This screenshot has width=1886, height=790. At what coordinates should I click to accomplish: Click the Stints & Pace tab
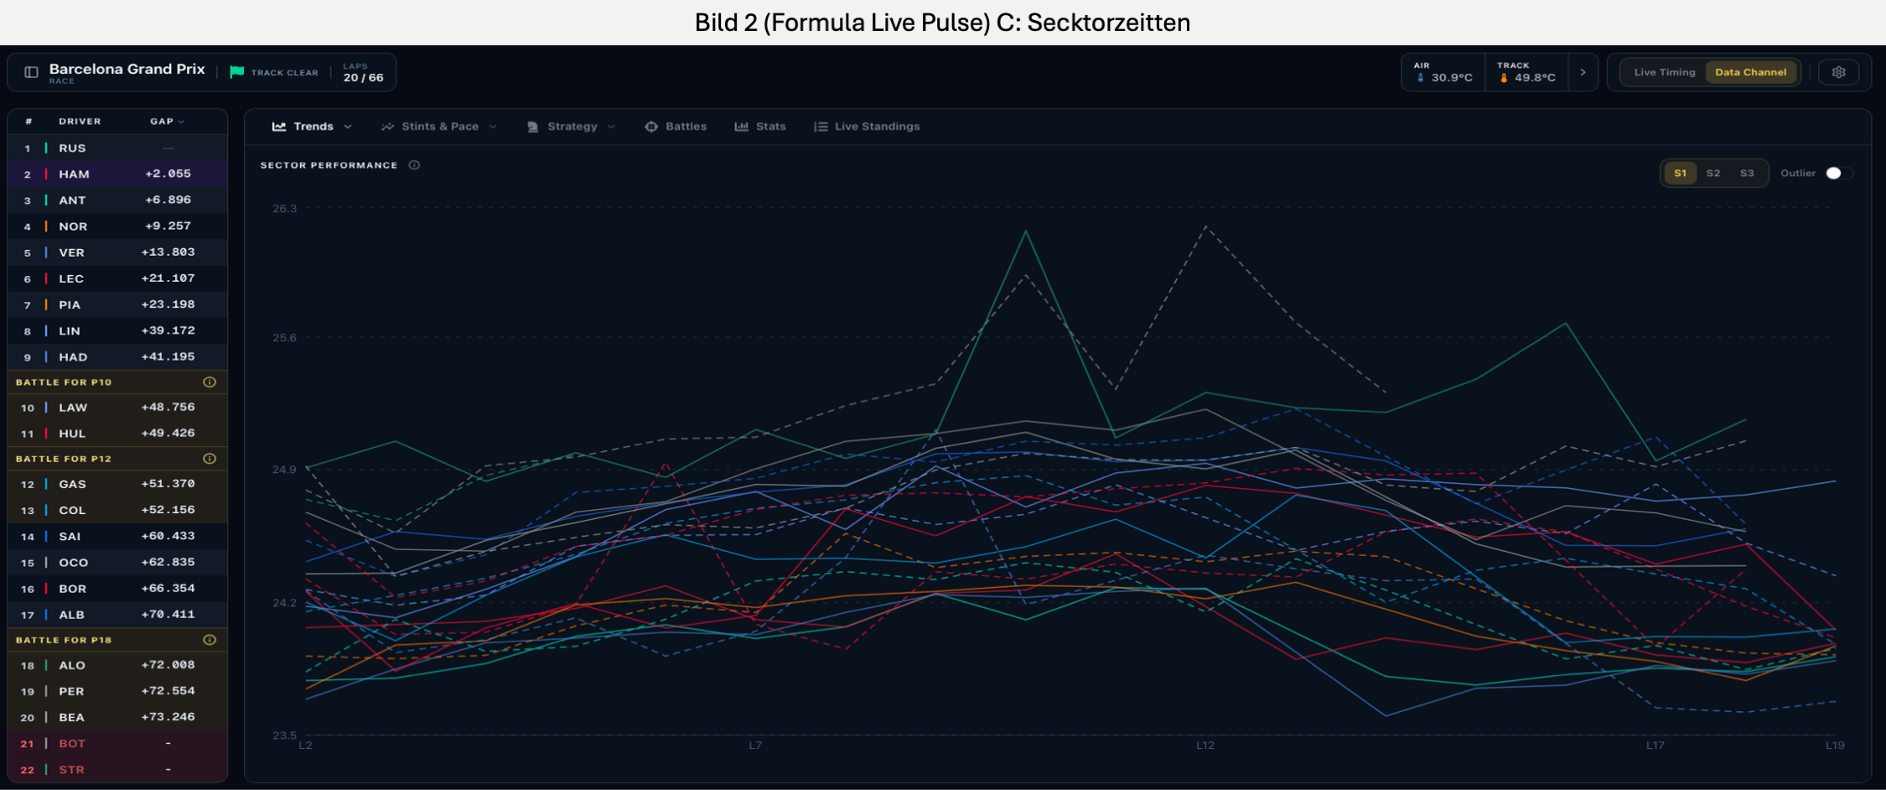click(439, 127)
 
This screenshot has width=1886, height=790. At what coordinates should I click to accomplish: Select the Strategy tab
click(571, 127)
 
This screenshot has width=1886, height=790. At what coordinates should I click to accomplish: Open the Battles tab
click(676, 127)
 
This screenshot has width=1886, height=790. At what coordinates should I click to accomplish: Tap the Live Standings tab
click(867, 127)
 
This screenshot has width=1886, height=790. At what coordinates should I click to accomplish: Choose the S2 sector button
click(1713, 174)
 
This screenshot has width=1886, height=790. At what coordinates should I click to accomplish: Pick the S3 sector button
click(1747, 174)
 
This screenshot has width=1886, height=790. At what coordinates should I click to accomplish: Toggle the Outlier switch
click(1839, 174)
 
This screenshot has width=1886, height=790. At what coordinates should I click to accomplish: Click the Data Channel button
click(1750, 72)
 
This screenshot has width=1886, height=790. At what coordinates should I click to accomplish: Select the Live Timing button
click(1665, 72)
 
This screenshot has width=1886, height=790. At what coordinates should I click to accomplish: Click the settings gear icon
click(1839, 72)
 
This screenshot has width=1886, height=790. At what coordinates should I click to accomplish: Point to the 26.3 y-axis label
click(285, 209)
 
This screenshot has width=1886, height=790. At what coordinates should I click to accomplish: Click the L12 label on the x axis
click(1205, 745)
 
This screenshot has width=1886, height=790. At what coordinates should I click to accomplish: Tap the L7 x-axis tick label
click(755, 745)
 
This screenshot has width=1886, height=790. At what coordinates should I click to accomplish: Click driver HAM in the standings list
click(74, 174)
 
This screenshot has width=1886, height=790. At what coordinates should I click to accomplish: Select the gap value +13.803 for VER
click(168, 252)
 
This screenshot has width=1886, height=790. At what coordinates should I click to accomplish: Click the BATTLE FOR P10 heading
click(64, 382)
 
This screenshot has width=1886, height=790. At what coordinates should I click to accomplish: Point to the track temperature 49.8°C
click(1535, 78)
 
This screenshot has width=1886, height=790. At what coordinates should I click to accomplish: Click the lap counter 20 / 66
click(363, 78)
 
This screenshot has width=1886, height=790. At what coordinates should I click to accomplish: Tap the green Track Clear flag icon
click(237, 72)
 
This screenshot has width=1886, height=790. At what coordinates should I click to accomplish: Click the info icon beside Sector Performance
click(414, 165)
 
